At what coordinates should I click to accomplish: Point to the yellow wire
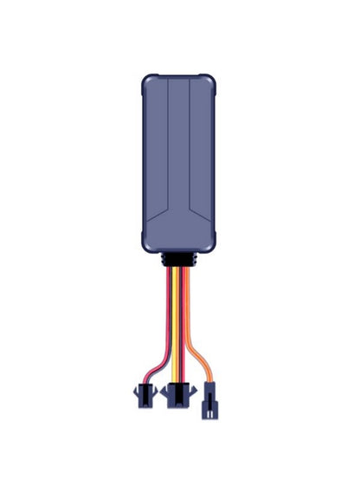tap(179, 312)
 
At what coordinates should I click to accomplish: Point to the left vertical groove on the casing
tap(167, 139)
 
